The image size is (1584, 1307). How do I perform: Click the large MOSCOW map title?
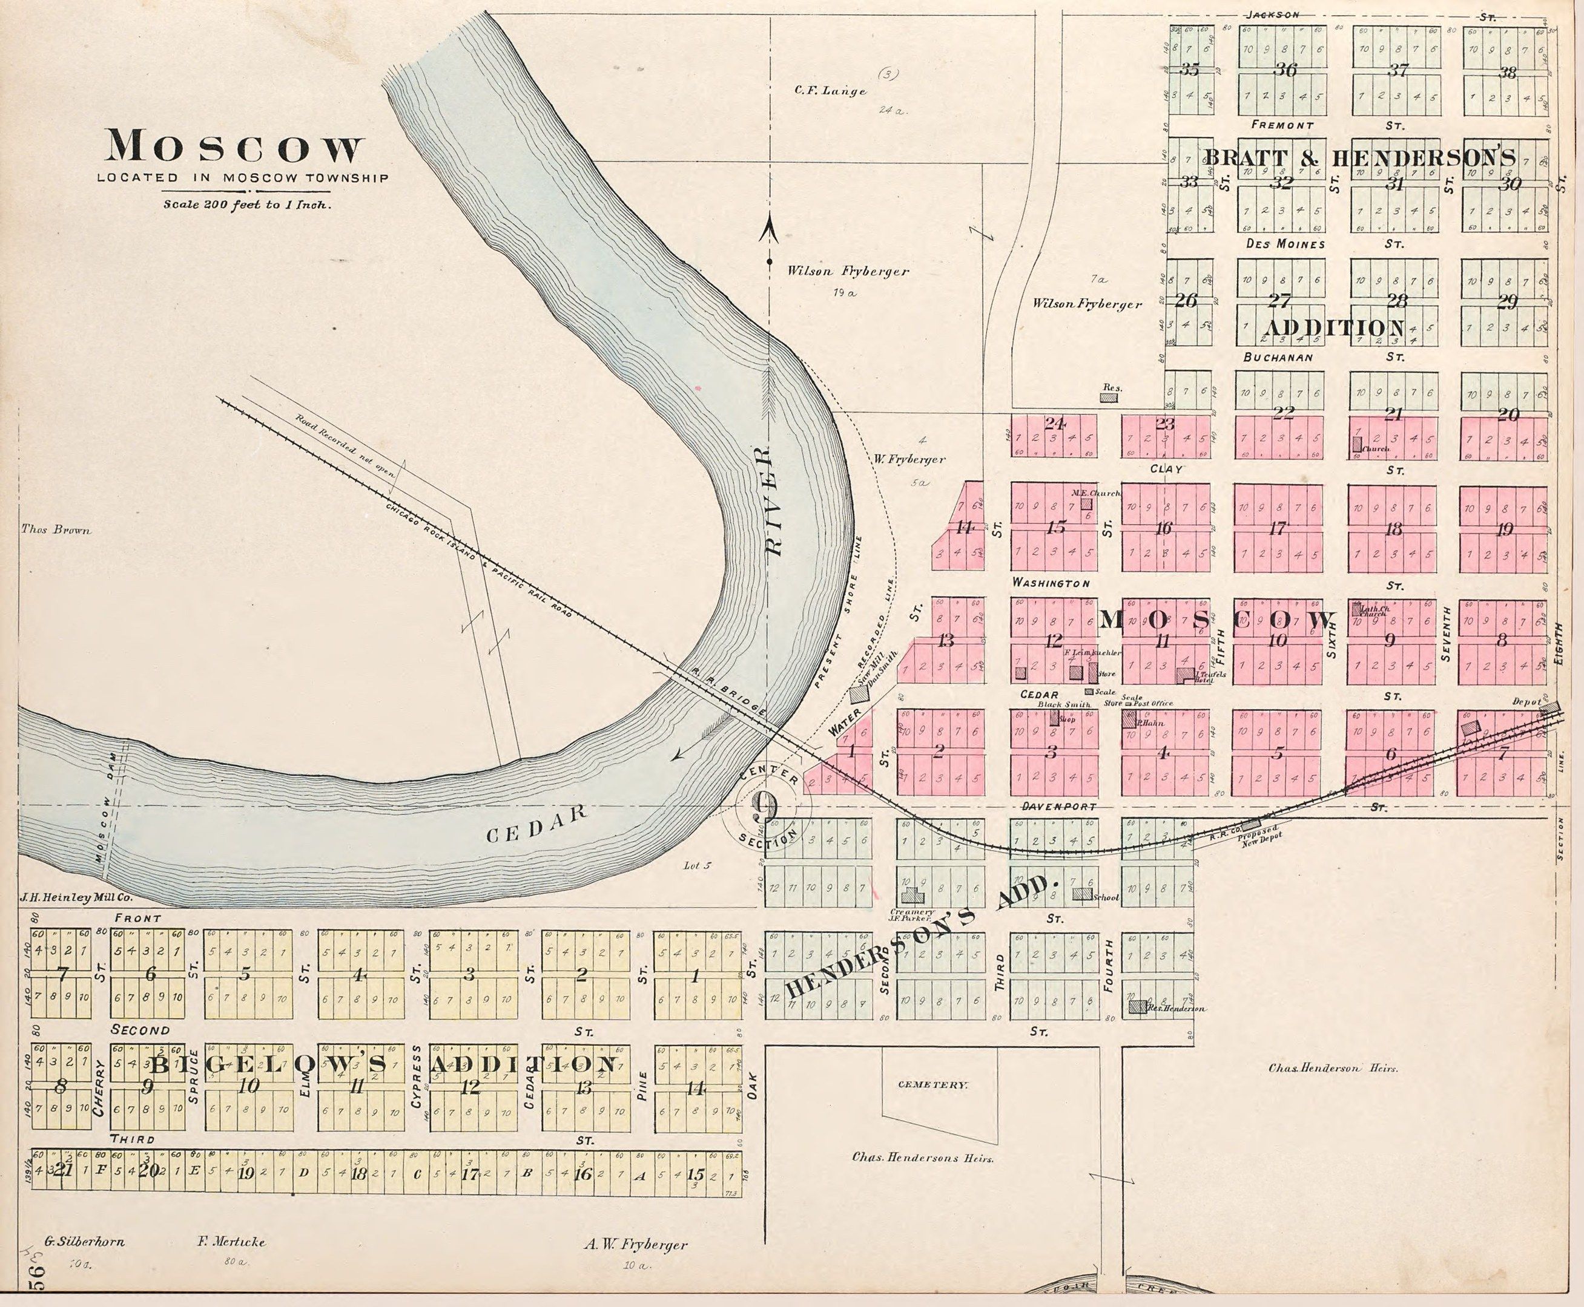pyautogui.click(x=233, y=148)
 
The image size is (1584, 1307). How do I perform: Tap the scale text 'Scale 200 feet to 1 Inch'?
pyautogui.click(x=246, y=204)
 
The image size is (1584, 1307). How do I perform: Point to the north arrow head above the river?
pyautogui.click(x=769, y=228)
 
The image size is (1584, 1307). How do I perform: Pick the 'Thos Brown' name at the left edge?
pyautogui.click(x=56, y=530)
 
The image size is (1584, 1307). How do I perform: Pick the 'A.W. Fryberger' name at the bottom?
pyautogui.click(x=636, y=1245)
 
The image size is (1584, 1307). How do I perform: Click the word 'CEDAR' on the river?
pyautogui.click(x=536, y=833)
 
